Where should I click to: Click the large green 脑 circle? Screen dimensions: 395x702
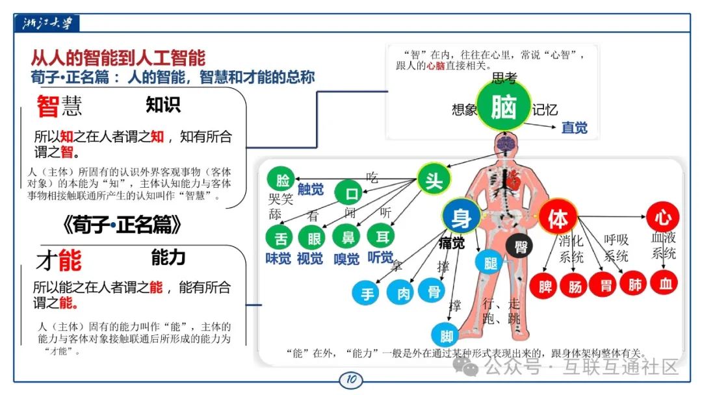pos(504,107)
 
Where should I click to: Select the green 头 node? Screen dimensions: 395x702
pos(434,181)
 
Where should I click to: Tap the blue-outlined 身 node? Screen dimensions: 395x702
pos(461,218)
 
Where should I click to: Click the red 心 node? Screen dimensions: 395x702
pos(662,216)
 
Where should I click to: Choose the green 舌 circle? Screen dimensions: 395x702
pos(280,238)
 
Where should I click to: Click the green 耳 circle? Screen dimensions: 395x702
pos(381,236)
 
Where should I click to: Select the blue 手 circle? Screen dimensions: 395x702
pos(367,294)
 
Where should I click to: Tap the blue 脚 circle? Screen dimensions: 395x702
pos(447,336)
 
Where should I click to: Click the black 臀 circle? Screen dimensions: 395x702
pos(519,247)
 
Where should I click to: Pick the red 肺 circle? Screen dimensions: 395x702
pos(634,284)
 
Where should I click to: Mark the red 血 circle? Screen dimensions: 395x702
pos(666,284)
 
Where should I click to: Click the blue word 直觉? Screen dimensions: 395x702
pos(575,128)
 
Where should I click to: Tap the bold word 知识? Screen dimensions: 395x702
pos(162,105)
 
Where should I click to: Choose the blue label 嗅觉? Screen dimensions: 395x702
pos(346,259)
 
